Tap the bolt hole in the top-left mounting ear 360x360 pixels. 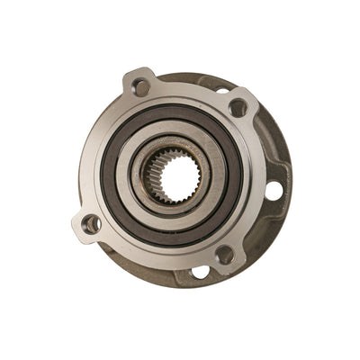click(140, 87)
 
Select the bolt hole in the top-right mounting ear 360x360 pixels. click(238, 108)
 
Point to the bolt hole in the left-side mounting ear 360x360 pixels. click(91, 223)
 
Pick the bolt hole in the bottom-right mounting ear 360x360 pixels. click(224, 255)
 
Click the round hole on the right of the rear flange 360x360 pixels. click(274, 190)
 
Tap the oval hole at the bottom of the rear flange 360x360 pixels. click(201, 272)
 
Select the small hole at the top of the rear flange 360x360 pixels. click(221, 89)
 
